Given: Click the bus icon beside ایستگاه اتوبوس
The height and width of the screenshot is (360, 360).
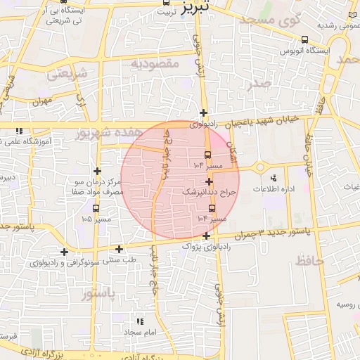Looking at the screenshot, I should click(x=304, y=40).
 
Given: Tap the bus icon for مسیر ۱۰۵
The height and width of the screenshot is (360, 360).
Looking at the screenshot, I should click(x=96, y=207).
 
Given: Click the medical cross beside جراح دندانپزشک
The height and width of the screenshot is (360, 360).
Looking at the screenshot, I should click(x=209, y=181).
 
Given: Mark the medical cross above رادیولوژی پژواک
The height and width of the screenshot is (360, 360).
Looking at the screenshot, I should click(x=205, y=236).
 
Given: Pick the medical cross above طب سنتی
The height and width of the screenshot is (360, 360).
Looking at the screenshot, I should click(x=119, y=249).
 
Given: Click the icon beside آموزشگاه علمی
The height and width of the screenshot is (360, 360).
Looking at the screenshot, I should click(x=19, y=131).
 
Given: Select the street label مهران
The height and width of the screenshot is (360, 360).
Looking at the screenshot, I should click(x=42, y=102).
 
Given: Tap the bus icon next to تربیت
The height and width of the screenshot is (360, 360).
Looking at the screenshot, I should click(x=167, y=3).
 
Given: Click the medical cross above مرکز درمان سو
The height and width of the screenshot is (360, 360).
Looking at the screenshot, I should click(x=97, y=171).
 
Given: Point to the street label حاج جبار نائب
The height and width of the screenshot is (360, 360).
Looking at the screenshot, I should click(x=162, y=159).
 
